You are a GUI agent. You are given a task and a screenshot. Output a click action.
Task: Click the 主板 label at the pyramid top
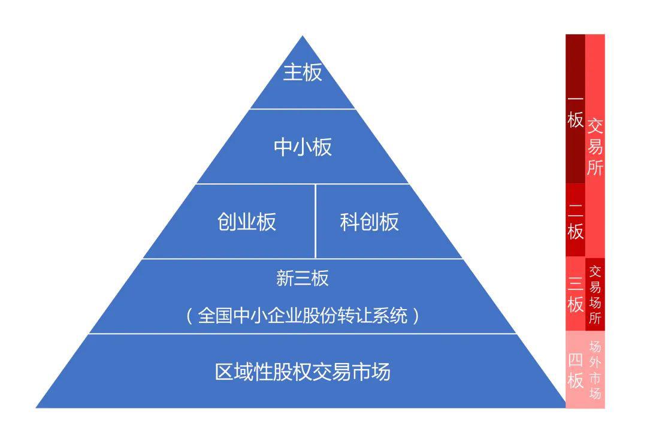pyautogui.click(x=303, y=72)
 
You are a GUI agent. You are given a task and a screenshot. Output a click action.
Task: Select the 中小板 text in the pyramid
pyautogui.click(x=303, y=147)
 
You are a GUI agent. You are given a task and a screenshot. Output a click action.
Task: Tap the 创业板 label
pyautogui.click(x=247, y=222)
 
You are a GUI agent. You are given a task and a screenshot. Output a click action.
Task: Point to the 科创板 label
pyautogui.click(x=369, y=222)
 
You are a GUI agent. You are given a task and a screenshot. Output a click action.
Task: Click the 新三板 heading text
pyautogui.click(x=303, y=278)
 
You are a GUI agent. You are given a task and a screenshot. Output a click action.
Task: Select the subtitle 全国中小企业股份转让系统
pyautogui.click(x=303, y=315)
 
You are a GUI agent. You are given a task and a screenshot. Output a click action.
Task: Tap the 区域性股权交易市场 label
pyautogui.click(x=303, y=372)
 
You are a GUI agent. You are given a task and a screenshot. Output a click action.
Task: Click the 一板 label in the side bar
pyautogui.click(x=575, y=110)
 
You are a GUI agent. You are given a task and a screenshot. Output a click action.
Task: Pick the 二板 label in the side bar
pyautogui.click(x=575, y=221)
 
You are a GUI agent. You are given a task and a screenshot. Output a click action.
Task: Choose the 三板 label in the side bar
pyautogui.click(x=575, y=294)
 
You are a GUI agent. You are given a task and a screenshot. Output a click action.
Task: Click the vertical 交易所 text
pyautogui.click(x=595, y=147)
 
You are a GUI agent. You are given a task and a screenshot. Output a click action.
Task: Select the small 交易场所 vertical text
pyautogui.click(x=595, y=294)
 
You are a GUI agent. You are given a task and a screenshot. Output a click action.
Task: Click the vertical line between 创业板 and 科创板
pyautogui.click(x=315, y=221)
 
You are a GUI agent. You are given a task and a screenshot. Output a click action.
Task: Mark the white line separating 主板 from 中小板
pyautogui.click(x=303, y=109)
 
